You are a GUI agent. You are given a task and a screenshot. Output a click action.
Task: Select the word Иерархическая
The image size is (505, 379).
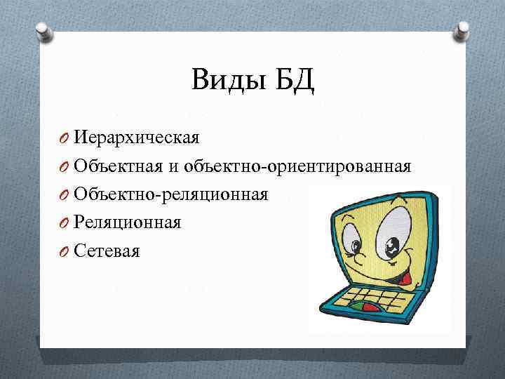pos(137,137)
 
